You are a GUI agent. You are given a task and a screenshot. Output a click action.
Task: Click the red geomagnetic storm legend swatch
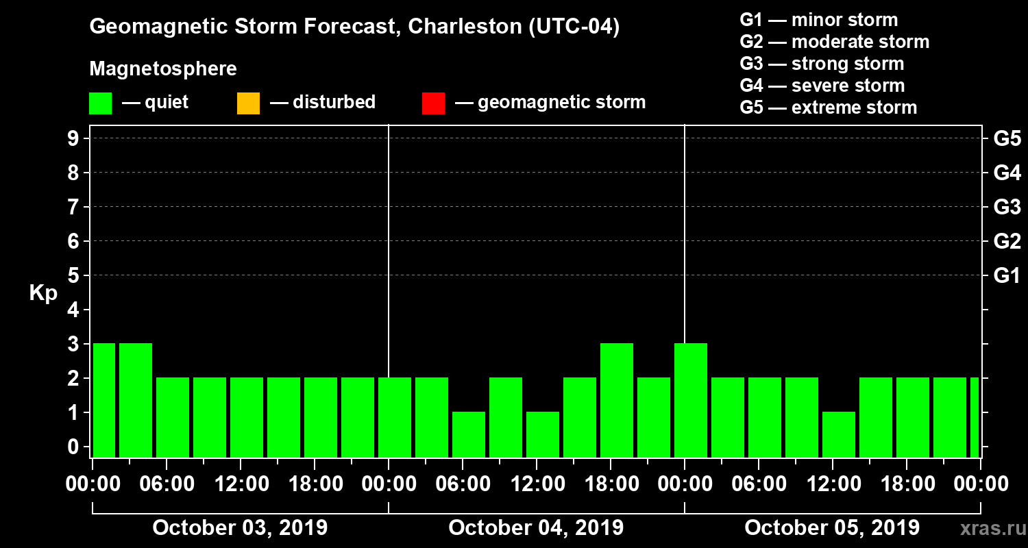433,103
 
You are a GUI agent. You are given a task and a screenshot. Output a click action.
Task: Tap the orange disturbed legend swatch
248,103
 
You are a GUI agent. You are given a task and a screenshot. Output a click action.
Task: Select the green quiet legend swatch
100,103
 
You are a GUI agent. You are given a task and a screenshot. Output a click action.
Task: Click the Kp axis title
43,293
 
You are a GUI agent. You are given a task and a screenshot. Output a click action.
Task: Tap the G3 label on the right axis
1007,207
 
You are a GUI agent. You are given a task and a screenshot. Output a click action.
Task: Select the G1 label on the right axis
1007,275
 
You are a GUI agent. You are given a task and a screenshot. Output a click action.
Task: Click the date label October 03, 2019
240,528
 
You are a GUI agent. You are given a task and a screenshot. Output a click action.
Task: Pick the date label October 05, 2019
832,528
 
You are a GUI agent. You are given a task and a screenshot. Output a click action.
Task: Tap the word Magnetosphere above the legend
163,69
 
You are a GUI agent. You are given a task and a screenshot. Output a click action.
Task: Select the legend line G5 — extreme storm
828,108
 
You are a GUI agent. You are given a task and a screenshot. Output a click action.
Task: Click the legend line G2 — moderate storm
834,42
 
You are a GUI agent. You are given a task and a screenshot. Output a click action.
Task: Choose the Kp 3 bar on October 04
617,400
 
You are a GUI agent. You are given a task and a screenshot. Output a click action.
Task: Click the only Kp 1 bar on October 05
839,434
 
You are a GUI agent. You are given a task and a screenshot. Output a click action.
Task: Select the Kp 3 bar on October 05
691,400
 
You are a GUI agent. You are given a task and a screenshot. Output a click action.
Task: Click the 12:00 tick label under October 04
537,484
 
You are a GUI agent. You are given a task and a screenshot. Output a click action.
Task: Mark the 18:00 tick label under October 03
315,484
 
